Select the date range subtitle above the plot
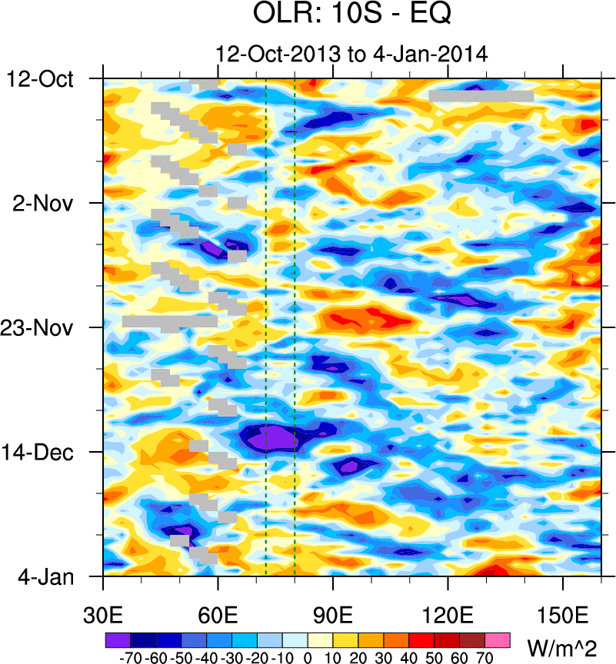click(352, 54)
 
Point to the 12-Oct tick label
click(41, 78)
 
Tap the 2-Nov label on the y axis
click(43, 203)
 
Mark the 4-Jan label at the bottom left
click(44, 576)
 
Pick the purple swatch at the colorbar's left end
click(118, 639)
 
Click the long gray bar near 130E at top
click(481, 96)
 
